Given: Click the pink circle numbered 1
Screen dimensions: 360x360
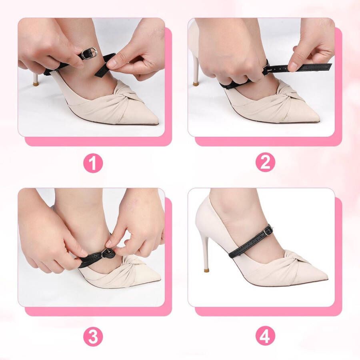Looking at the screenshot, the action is [x=93, y=163].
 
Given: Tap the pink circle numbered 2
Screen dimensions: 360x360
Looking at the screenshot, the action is [x=266, y=162].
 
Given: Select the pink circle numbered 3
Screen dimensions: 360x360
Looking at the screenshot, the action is [x=93, y=337].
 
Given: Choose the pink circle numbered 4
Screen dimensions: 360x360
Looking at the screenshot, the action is [x=266, y=337].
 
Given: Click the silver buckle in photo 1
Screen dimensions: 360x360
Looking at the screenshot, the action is [x=90, y=52].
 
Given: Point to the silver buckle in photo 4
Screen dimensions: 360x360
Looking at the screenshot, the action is [x=267, y=230].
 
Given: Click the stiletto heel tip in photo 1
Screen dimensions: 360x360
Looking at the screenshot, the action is [x=35, y=82].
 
